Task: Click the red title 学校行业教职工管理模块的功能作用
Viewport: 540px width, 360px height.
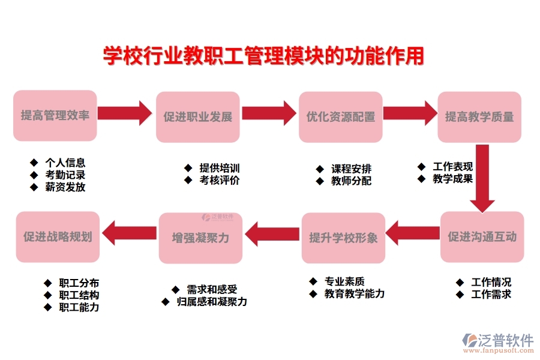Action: [x=263, y=56]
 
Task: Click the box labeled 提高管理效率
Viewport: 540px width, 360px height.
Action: [x=55, y=116]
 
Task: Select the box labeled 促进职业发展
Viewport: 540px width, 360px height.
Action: [x=197, y=117]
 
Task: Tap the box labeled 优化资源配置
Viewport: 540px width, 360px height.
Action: [x=340, y=117]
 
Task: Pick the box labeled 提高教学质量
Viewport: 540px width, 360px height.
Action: [x=479, y=117]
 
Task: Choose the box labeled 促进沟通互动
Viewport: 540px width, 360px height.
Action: [x=482, y=236]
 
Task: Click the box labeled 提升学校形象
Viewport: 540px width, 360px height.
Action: [x=343, y=238]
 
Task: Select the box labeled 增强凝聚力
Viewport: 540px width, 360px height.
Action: [x=200, y=238]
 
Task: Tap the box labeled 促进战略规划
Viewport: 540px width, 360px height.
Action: [x=58, y=236]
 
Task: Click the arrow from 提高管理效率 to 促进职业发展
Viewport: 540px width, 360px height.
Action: [x=125, y=113]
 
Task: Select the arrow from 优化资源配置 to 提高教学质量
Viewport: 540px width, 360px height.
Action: [x=410, y=113]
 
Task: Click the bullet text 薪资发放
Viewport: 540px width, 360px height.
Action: [x=65, y=187]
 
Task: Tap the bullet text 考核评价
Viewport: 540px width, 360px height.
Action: [x=220, y=180]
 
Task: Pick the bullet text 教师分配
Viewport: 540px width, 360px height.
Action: [x=351, y=181]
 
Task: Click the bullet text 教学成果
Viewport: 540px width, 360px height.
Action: [x=452, y=178]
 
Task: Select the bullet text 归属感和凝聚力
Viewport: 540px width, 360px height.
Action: [x=212, y=301]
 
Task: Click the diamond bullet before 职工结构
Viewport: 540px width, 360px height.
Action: [x=48, y=295]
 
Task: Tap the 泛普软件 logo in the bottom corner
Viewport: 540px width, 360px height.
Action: [x=499, y=343]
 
